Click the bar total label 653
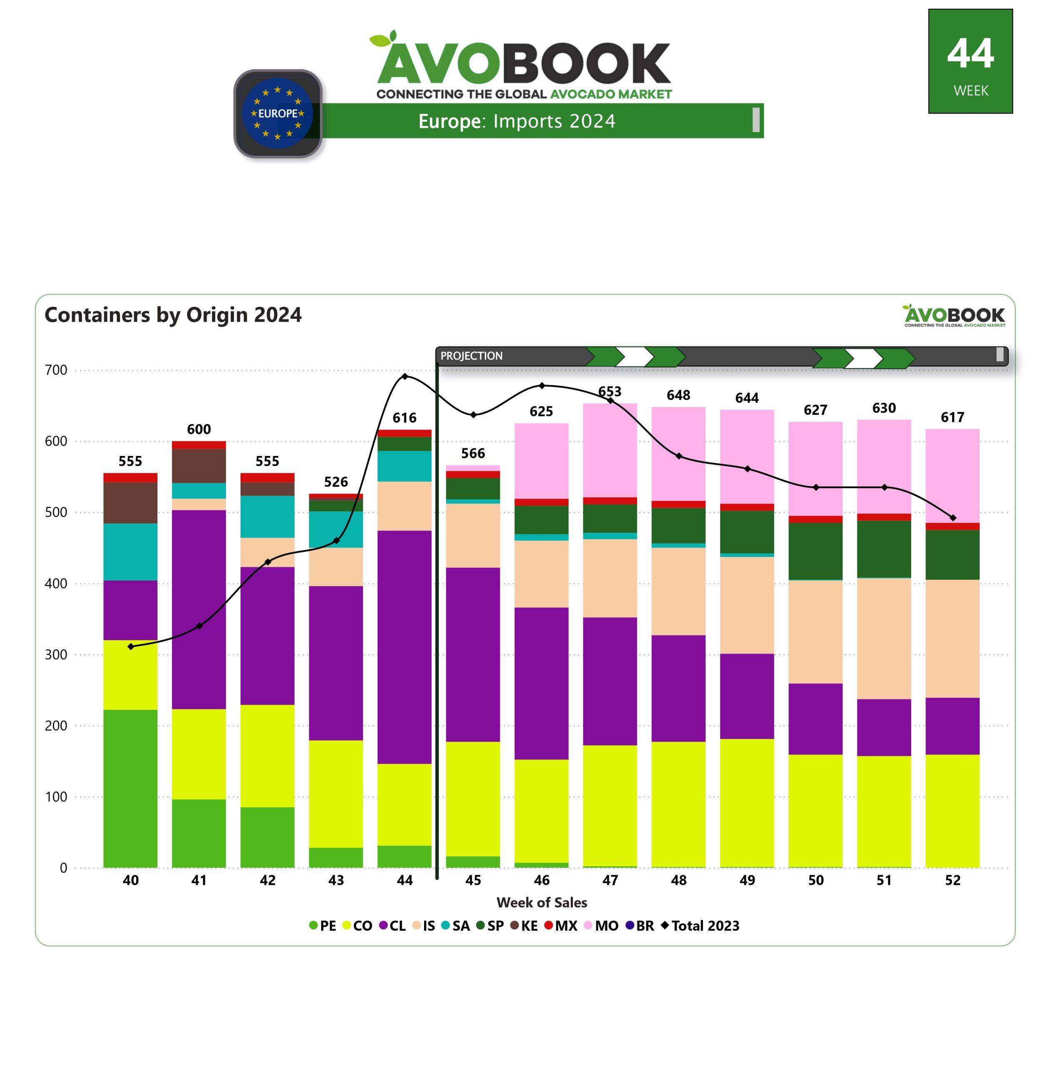point(610,391)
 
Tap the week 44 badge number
point(970,54)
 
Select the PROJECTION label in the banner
point(471,356)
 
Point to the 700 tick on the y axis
point(56,371)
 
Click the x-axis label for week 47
point(610,881)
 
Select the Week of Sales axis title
point(542,903)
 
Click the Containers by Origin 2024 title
point(173,315)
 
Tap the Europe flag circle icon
point(278,113)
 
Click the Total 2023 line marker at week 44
point(405,376)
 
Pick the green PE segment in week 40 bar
point(130,788)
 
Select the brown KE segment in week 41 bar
point(199,466)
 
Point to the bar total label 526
point(336,482)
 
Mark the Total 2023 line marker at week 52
point(953,518)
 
